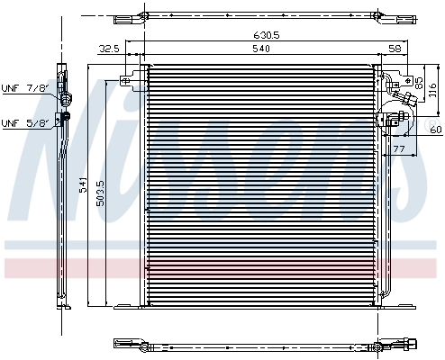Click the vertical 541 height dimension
(83, 186)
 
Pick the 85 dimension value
(418, 82)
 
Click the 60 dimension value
(435, 130)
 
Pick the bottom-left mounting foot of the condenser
(126, 307)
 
